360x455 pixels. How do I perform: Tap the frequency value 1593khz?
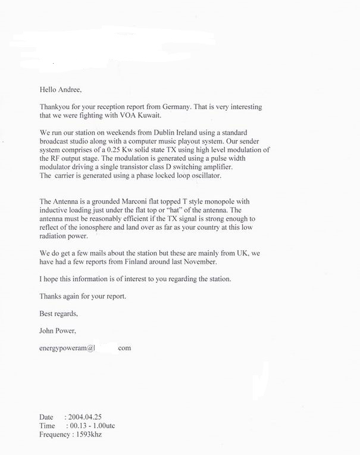(x=91, y=434)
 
